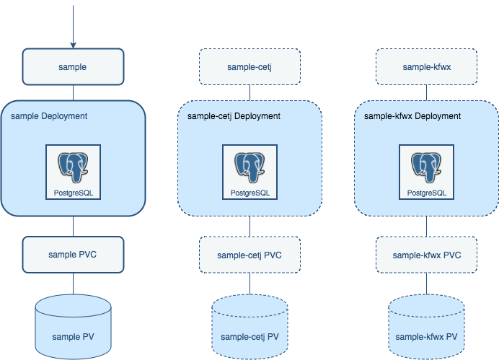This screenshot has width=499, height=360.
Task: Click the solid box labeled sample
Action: (72, 66)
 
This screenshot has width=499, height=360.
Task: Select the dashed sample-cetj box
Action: (249, 66)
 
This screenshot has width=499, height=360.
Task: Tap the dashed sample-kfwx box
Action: (425, 66)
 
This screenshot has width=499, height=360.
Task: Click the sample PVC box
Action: (72, 254)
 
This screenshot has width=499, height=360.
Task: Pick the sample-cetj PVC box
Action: (249, 255)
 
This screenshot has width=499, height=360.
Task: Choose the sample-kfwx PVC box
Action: (425, 255)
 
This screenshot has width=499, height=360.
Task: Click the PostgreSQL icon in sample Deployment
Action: (73, 172)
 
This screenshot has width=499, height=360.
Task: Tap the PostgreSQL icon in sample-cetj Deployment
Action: (249, 172)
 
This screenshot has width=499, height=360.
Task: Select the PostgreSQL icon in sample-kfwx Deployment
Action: (426, 172)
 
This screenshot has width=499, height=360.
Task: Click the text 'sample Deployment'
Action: (49, 115)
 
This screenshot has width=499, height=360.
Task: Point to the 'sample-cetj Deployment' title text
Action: (234, 115)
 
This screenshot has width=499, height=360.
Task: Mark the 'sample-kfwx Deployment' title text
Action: (412, 115)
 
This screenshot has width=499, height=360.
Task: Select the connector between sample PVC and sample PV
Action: (72, 283)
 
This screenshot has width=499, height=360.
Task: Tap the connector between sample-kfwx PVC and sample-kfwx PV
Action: (425, 284)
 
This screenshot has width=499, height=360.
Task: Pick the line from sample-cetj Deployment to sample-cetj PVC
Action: (249, 227)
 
